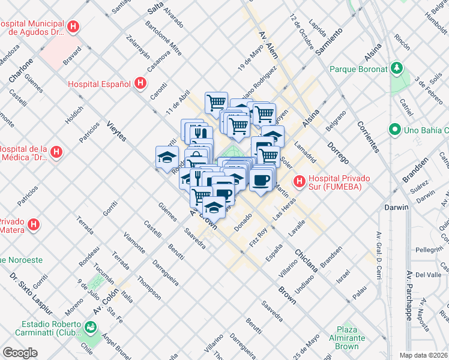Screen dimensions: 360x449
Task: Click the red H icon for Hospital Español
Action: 140,83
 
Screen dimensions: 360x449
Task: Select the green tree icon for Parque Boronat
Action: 396,68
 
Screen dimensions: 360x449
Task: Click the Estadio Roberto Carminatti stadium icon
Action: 90,327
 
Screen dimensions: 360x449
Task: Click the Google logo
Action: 20,353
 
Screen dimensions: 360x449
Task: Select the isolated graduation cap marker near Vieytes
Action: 167,157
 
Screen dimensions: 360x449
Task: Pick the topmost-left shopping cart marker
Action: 216,102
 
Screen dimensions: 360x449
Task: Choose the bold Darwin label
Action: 396,208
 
